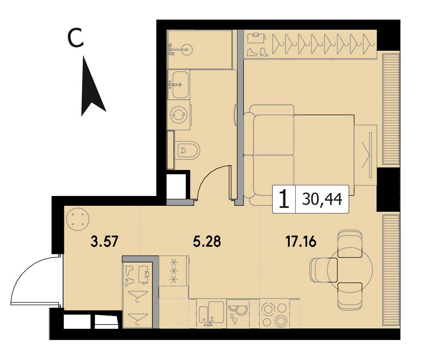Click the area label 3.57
pos(105,242)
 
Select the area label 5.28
pos(207,242)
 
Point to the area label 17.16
pos(301,242)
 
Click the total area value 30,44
pos(322,199)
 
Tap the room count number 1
pos(284,199)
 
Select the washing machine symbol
pos(178,115)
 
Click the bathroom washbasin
pos(178,84)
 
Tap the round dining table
pos(350,269)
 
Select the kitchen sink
pos(211,314)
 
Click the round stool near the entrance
pos(78,219)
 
